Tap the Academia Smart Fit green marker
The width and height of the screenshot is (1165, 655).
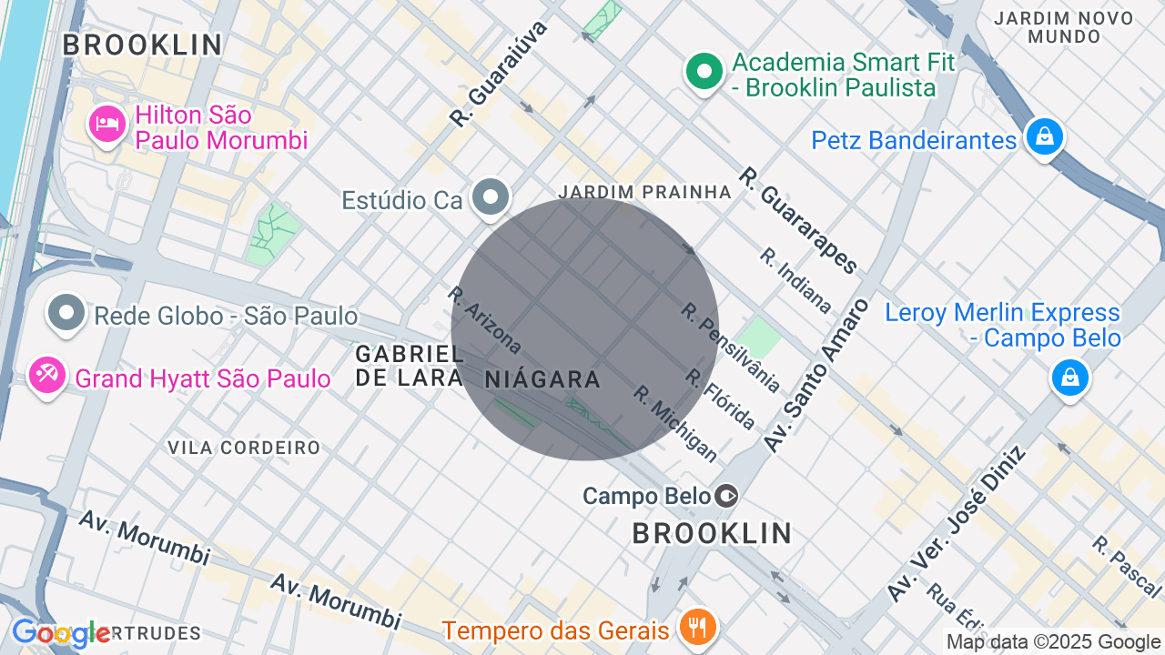tap(704, 73)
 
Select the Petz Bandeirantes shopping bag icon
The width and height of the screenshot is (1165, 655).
tap(1044, 137)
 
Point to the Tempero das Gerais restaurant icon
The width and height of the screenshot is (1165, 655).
tap(698, 627)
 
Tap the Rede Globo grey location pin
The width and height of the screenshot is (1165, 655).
tap(66, 313)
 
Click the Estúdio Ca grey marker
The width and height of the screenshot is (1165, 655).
tap(492, 197)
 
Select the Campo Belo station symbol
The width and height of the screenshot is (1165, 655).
tap(726, 496)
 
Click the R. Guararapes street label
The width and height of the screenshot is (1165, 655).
tap(798, 219)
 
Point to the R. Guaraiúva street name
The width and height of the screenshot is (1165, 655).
tap(500, 73)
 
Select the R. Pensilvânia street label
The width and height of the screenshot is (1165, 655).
tap(730, 348)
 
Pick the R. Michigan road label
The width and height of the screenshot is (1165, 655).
tap(675, 423)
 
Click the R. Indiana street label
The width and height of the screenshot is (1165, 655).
tap(795, 280)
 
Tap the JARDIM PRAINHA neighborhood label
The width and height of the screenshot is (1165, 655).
tap(644, 192)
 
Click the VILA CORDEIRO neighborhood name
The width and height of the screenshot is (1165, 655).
tap(244, 448)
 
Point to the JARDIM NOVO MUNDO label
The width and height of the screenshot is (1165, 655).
tap(1064, 27)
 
